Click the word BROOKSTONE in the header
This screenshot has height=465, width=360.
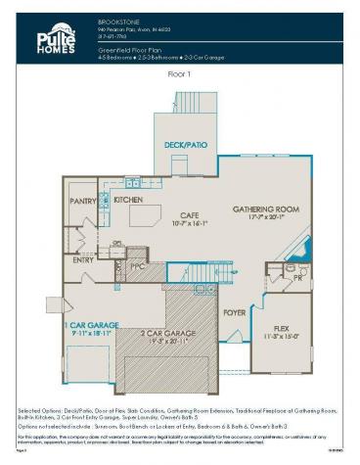click(116, 20)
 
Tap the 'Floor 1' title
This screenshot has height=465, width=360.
click(179, 73)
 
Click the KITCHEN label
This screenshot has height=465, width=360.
click(128, 200)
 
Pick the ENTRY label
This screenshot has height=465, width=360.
click(83, 260)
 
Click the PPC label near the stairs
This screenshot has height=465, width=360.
click(137, 264)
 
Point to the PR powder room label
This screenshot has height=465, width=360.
click(296, 278)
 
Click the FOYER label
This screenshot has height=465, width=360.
click(234, 313)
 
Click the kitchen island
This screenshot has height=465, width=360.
click(144, 214)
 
